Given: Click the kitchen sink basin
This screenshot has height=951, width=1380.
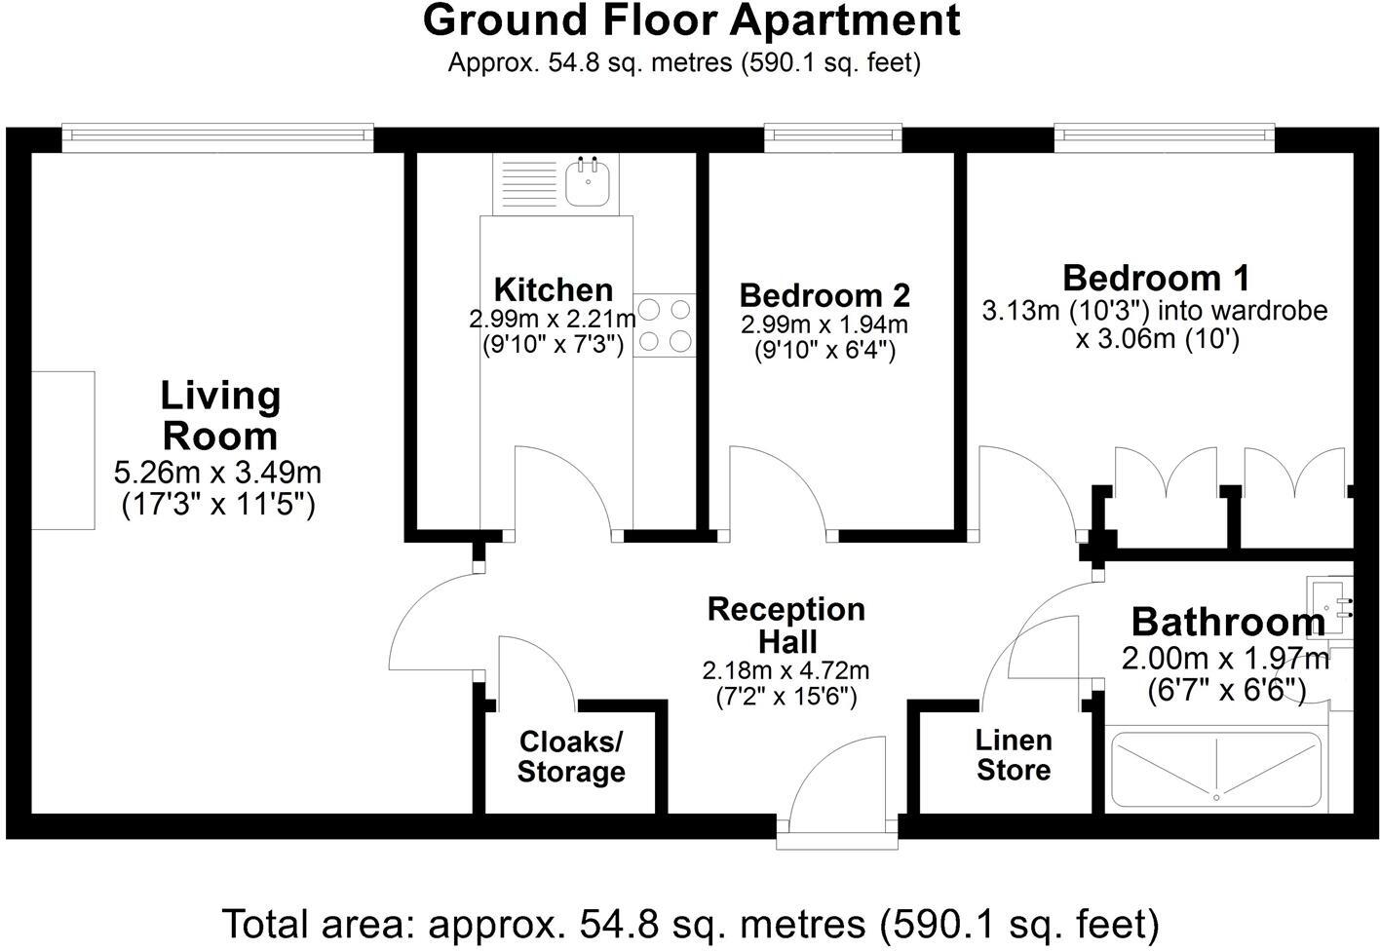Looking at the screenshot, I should (589, 182).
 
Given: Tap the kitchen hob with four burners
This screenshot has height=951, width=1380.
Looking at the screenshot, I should (665, 325).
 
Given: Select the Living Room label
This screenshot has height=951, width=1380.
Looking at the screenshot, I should (220, 415).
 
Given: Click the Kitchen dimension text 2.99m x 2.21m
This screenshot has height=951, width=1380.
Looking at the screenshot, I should (553, 319).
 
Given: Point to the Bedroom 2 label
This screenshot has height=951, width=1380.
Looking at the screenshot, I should (824, 294).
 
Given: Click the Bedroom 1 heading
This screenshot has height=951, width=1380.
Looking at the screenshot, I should (1156, 278).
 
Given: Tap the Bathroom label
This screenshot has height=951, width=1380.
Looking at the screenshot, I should (1227, 622).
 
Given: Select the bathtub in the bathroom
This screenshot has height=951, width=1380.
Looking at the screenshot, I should (1215, 770).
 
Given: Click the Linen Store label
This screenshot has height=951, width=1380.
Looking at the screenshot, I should (1014, 755).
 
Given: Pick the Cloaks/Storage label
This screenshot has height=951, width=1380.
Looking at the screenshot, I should (571, 756).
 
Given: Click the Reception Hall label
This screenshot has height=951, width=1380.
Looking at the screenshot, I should (786, 625).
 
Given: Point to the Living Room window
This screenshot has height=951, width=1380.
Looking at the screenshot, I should (217, 137).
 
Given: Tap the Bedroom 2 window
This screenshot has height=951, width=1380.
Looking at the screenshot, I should (832, 137).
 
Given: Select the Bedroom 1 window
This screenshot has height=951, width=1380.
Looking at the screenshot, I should (1164, 137).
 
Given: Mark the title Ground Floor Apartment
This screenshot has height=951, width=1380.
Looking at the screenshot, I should (691, 21).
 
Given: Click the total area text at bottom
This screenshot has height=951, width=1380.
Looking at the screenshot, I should (690, 922).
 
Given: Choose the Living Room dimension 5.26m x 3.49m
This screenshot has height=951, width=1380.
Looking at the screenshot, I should (217, 474).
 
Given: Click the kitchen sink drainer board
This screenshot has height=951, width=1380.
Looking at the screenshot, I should (528, 182).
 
